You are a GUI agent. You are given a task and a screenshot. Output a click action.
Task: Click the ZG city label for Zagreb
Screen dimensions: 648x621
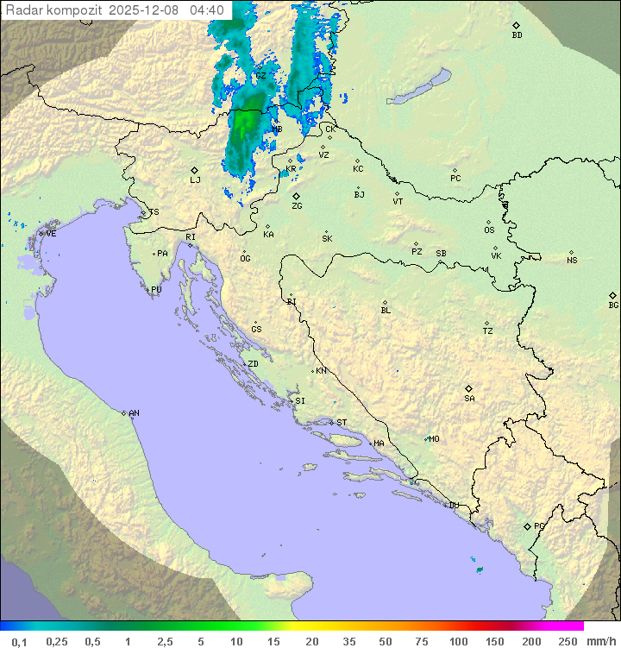[x=297, y=206]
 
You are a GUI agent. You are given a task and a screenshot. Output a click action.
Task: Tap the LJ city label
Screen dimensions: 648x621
[x=195, y=180]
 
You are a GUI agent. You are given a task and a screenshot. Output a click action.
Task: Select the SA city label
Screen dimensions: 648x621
[x=469, y=398]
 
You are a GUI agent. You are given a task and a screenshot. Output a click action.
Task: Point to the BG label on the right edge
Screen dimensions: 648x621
[x=613, y=305]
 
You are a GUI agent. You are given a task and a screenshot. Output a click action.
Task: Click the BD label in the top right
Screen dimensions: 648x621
[x=517, y=35]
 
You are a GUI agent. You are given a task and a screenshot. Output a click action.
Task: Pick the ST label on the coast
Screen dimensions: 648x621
[x=342, y=423]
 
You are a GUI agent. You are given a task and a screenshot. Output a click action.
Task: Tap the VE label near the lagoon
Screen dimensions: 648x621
[x=51, y=234]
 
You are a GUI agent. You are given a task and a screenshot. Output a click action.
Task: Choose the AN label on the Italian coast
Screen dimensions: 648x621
[x=134, y=414]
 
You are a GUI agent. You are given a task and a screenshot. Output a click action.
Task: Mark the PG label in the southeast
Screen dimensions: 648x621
[x=539, y=525]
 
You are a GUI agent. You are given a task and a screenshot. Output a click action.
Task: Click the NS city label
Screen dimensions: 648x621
[x=572, y=261]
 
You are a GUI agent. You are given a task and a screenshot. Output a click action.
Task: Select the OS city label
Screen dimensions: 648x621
[x=489, y=230]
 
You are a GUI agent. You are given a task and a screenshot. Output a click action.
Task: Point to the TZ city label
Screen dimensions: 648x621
[x=488, y=331]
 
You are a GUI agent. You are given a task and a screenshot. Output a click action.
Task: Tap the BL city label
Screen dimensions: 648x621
[x=386, y=311]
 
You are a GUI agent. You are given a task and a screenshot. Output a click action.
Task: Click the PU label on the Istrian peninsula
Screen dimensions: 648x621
[x=156, y=291]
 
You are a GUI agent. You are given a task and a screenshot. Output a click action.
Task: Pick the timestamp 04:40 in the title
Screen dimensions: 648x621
[x=207, y=10]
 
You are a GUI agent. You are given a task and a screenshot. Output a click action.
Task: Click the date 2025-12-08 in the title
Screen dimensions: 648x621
[x=146, y=10]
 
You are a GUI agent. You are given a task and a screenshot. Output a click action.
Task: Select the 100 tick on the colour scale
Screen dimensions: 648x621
[x=458, y=641]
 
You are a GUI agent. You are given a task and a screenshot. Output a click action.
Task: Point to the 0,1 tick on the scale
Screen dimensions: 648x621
[x=19, y=641]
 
